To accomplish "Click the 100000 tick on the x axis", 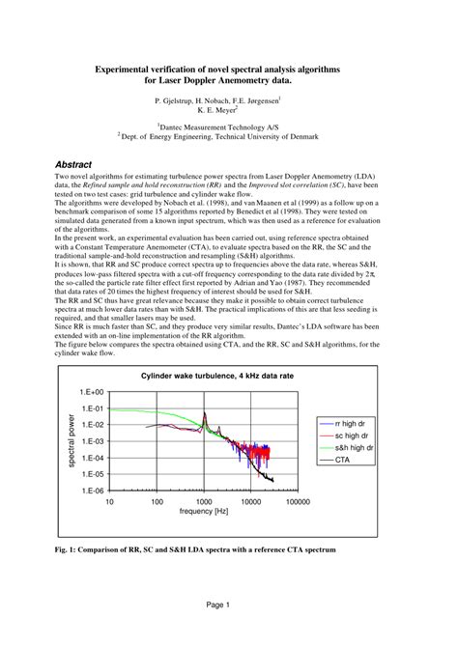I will coord(297,502).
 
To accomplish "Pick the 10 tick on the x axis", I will coord(109,502).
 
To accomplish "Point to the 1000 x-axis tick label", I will coord(204,502).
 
